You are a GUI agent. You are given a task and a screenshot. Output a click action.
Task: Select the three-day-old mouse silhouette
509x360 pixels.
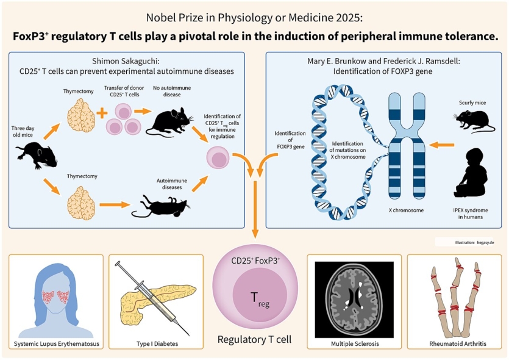[x=37, y=155]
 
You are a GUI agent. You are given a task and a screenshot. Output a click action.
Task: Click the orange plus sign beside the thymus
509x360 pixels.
[x=103, y=113]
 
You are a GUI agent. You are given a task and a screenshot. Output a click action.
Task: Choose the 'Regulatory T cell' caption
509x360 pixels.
[x=254, y=339]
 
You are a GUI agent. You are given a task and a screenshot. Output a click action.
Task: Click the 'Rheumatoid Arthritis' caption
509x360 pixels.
[x=454, y=344]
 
